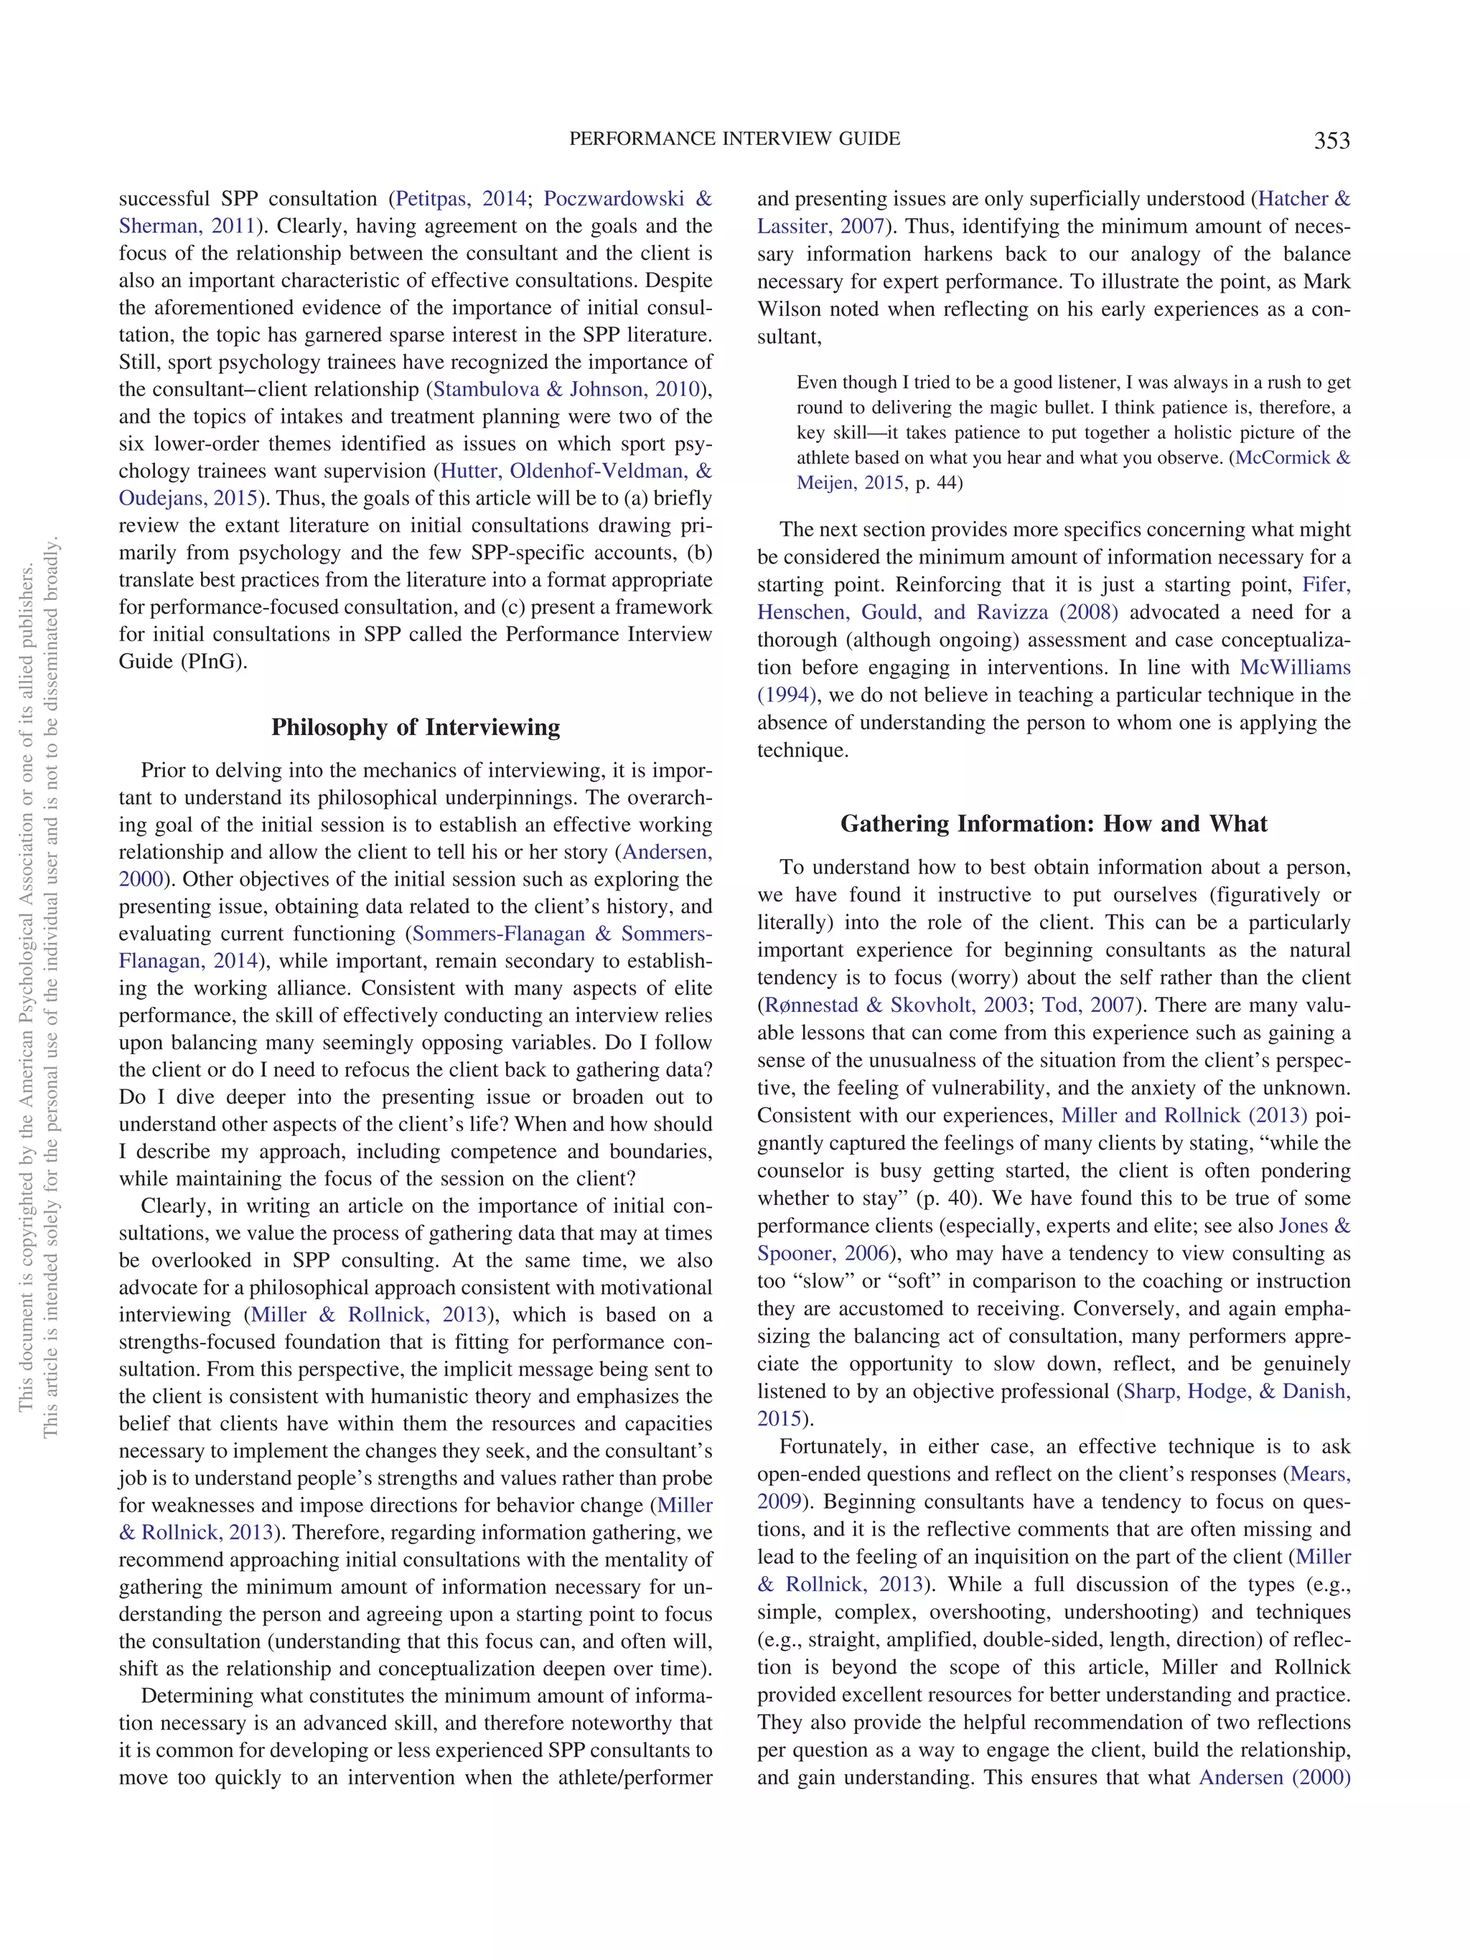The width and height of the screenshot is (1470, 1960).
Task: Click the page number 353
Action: [1331, 141]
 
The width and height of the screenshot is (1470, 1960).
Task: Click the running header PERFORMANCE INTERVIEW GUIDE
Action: [734, 139]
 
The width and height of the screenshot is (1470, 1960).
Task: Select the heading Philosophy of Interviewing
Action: [416, 728]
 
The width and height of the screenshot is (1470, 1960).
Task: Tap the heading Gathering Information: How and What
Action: [1053, 824]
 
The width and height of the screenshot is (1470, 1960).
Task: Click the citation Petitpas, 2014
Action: [460, 199]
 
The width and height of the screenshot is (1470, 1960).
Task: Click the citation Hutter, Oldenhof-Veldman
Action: [575, 471]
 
